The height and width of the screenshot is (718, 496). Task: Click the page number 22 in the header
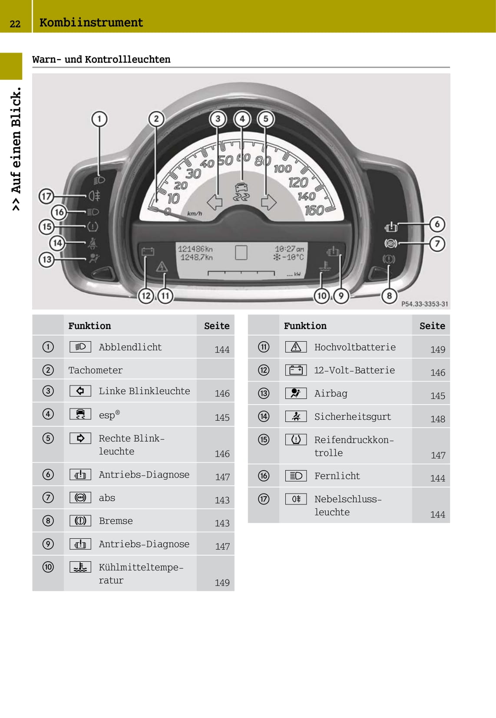point(15,24)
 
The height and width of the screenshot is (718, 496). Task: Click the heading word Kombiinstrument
point(91,23)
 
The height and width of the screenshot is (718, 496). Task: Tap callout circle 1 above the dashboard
point(99,119)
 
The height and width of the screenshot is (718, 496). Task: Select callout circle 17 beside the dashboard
point(46,196)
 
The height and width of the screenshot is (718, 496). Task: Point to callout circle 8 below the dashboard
point(389,296)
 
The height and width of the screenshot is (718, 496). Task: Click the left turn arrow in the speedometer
point(215,202)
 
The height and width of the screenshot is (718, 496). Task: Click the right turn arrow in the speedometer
point(268,202)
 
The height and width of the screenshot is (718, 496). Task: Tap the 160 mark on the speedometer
point(314,211)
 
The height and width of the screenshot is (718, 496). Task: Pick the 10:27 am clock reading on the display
point(289,249)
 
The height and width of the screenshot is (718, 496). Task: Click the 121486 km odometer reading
point(195,249)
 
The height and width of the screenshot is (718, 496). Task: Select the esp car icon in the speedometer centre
point(241,192)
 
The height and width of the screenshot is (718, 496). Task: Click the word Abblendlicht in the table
point(130,347)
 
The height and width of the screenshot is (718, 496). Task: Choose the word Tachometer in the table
point(96,370)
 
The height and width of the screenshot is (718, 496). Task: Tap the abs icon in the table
point(80,497)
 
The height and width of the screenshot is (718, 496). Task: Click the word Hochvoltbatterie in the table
point(355,347)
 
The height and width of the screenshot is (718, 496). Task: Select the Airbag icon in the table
point(296,393)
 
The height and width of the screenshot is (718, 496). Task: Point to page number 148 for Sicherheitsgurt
point(438,419)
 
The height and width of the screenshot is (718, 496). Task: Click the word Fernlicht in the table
point(337,476)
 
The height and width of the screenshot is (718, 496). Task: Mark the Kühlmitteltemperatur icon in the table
point(80,567)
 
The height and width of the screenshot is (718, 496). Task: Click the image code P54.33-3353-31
point(424,304)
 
